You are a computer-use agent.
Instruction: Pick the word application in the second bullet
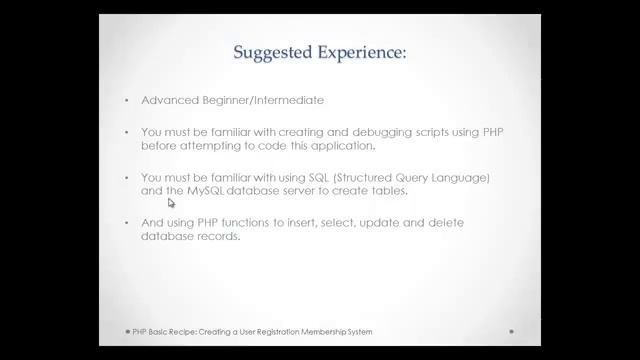341,145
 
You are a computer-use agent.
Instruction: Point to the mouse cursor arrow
171,202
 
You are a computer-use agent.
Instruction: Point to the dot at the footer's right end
511,331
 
